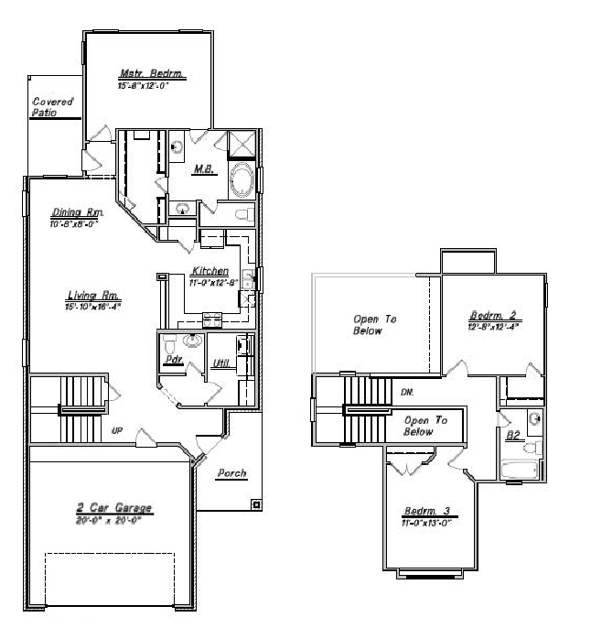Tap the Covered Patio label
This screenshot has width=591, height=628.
(x=52, y=107)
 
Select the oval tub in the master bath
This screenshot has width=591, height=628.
(x=242, y=180)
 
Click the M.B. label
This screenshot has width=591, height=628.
(x=203, y=169)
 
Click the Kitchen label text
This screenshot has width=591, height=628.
(x=210, y=272)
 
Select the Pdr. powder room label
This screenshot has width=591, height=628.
(x=169, y=361)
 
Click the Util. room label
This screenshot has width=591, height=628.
(x=220, y=364)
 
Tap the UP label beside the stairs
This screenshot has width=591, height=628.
(x=117, y=430)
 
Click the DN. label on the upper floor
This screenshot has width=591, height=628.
(x=407, y=392)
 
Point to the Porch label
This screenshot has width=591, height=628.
(x=231, y=473)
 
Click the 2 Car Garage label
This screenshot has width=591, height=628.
(x=113, y=508)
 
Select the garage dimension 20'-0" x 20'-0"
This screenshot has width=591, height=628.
(x=113, y=518)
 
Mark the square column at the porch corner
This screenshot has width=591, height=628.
(x=256, y=503)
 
